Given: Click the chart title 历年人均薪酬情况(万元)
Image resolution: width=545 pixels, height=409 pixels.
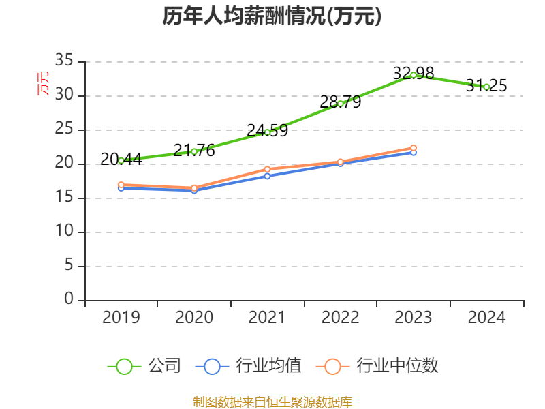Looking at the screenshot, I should pos(272,16).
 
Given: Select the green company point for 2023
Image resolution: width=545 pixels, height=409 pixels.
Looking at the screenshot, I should pos(414,75).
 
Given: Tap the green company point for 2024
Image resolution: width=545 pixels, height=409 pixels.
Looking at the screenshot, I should pos(486,87).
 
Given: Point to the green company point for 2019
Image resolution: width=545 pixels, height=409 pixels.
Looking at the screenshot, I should pos(121,160).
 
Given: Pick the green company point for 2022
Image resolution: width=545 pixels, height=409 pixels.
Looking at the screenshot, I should pos(341,104).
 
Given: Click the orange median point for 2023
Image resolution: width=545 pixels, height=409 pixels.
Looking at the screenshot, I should pos(414,148).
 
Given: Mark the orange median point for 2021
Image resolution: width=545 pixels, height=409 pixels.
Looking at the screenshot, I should pos(267,169).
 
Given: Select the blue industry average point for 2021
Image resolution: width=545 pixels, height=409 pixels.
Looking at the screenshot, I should pos(267,176).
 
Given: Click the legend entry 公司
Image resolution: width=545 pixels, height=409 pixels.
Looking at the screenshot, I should pos(164,366).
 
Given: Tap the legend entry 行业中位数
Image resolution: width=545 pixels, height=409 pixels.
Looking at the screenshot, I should pos(397,366).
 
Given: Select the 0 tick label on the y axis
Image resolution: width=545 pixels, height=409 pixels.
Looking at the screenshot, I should pos(69,299).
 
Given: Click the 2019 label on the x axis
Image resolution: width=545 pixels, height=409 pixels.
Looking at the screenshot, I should pos(121,318).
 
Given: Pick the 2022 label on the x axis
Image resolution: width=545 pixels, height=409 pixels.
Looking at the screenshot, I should pos(341,318).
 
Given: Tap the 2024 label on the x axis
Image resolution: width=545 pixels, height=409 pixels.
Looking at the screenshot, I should pos(486,318).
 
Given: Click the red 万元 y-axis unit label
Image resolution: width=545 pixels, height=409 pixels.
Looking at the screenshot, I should pos(43,82).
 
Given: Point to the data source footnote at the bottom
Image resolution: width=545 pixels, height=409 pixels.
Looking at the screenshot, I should pos(272,402).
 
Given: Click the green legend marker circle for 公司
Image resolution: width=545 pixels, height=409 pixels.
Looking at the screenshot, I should pos(124,366).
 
